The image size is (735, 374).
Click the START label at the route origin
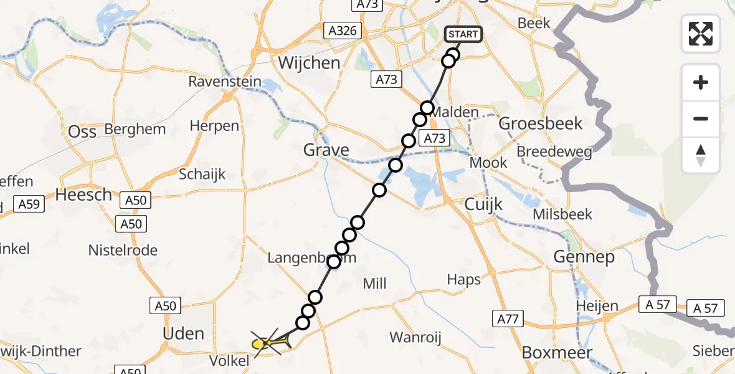pos(463,34)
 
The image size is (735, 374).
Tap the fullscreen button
pos(701,34)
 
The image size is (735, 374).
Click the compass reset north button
pos(701,155)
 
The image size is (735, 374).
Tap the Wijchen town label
pos(310,63)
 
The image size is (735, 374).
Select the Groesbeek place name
pos(541,123)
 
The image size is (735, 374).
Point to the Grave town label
pos(326,150)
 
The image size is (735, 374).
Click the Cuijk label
pos(484,205)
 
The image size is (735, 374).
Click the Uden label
pos(183,333)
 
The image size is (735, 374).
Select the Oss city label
pos(82,132)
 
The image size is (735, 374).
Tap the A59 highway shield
pos(29,204)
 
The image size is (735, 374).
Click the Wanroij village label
pos(415,337)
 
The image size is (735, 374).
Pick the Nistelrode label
pos(123,251)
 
